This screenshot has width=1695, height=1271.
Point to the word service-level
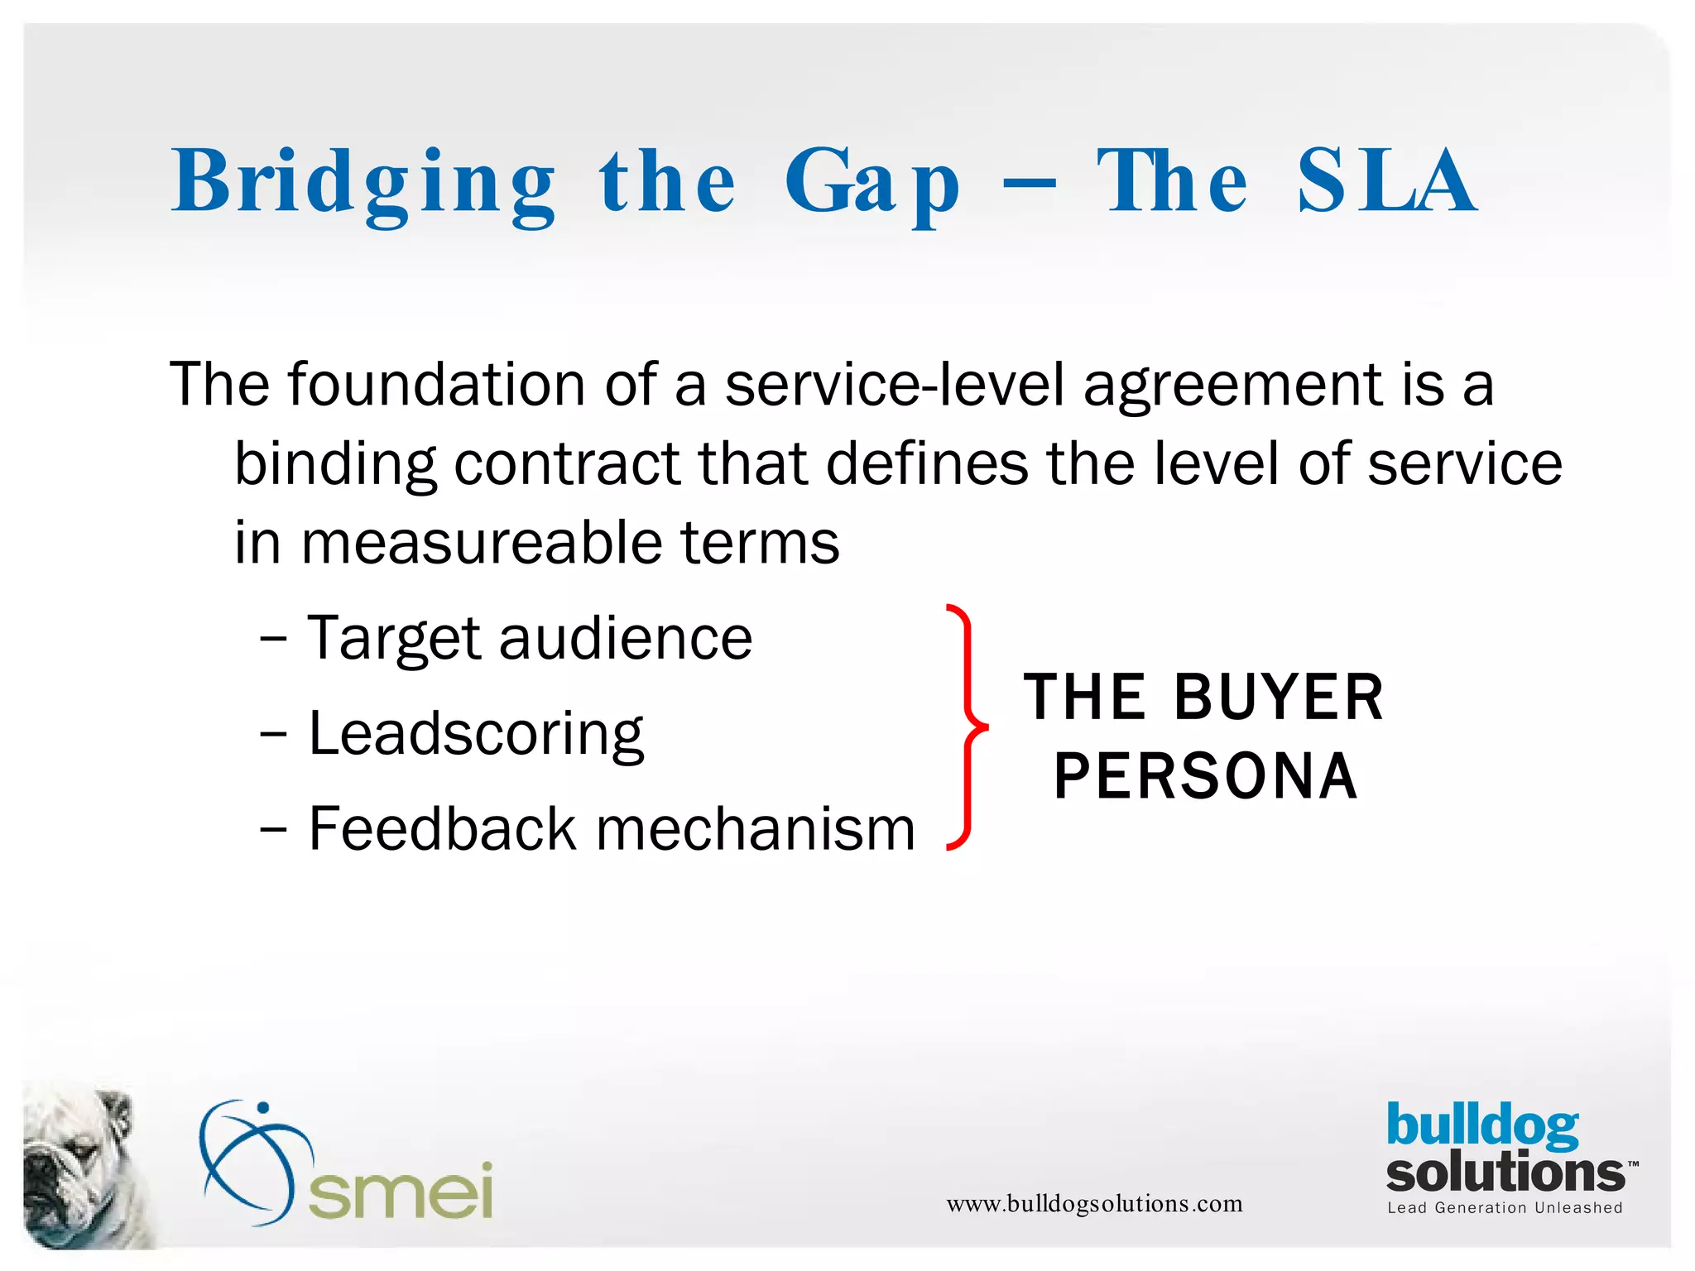point(894,385)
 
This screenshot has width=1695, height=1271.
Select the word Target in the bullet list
point(394,640)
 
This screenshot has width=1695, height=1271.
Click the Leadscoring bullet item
point(475,735)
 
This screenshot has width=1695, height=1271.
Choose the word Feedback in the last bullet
point(442,828)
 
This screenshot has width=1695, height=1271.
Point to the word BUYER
point(1279,698)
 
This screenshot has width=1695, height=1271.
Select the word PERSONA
point(1205,776)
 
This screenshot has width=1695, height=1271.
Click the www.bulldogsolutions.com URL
point(1094,1203)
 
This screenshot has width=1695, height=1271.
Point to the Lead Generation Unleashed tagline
point(1505,1208)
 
